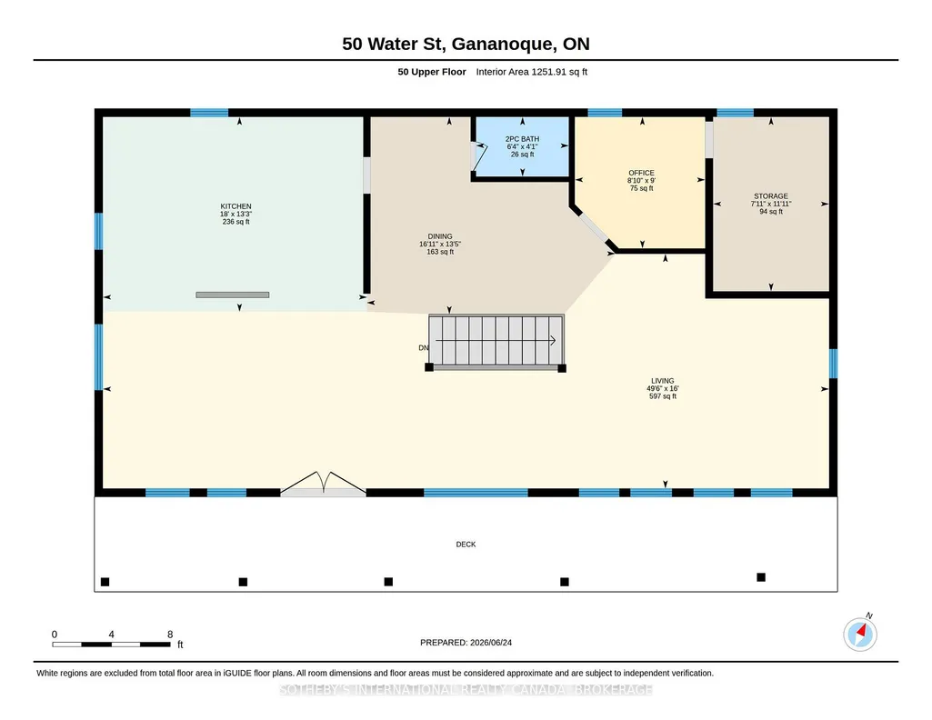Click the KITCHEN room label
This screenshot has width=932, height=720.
[x=236, y=206]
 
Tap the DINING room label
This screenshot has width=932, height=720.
[x=440, y=236]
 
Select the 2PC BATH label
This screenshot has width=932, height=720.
[x=523, y=139]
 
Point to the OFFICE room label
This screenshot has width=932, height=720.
[x=641, y=173]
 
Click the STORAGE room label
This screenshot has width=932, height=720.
[x=771, y=196]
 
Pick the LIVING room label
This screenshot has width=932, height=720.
[x=663, y=381]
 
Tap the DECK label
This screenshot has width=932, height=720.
[x=466, y=545]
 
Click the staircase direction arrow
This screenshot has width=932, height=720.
[x=496, y=340]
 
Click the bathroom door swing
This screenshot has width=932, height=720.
[x=480, y=155]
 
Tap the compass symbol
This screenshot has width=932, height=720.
[x=860, y=634]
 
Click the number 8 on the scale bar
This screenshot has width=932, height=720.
[x=170, y=635]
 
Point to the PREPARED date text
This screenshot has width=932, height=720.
[x=466, y=642]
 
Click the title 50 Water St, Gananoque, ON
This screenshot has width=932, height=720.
[x=466, y=44]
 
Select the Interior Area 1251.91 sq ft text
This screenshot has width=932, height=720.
[x=531, y=72]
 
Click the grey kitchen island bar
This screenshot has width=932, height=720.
[x=233, y=295]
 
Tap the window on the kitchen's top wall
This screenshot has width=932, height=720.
[x=209, y=113]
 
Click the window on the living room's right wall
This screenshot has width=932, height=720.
[x=833, y=364]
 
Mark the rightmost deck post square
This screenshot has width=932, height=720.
[x=761, y=577]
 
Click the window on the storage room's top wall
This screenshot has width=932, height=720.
[x=736, y=113]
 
